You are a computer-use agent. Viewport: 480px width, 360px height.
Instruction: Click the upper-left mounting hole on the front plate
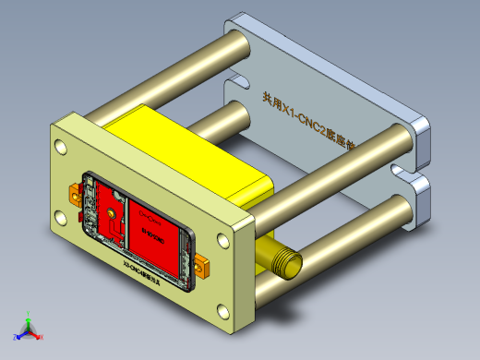61,146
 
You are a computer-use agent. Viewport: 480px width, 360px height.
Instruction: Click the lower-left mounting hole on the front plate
61,218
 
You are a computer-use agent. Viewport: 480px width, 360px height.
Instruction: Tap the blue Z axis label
14,338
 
